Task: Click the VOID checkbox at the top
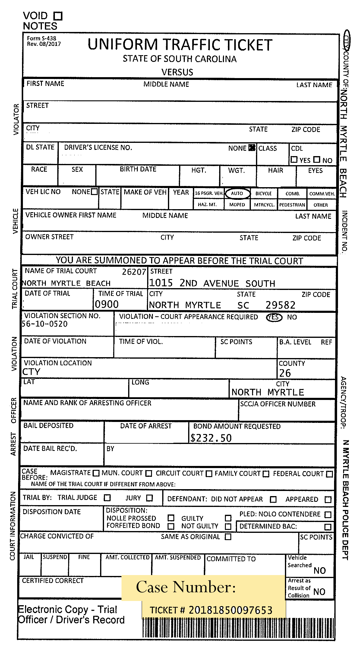pos(58,16)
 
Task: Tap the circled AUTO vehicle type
pos(237,193)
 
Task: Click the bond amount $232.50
pos(211,438)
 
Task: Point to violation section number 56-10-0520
pos(45,324)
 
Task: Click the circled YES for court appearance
pos(274,317)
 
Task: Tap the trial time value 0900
pos(107,304)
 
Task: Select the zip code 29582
pos(280,305)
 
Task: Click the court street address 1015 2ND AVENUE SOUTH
pos(212,283)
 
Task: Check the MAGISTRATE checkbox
pos(96,473)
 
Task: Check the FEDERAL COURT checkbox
pos(329,474)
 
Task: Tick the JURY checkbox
pos(150,498)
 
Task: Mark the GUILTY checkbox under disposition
pos(228,518)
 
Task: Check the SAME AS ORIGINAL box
pos(228,537)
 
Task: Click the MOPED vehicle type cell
pos(237,205)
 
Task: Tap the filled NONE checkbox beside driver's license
pos(252,148)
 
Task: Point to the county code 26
pos(285,373)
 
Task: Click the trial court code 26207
pos(134,272)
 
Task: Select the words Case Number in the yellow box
pos(186,587)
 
